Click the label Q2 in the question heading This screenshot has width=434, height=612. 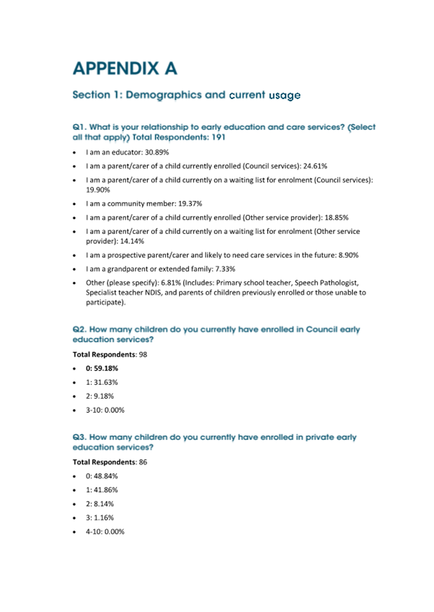(79, 329)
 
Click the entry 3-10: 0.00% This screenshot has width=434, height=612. (105, 410)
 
